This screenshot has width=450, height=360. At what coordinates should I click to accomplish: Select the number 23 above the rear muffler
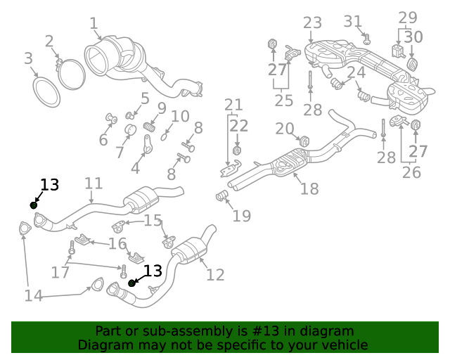[312, 23]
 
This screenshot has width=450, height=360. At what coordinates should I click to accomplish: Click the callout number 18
[309, 188]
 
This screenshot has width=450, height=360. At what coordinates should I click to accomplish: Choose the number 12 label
[215, 274]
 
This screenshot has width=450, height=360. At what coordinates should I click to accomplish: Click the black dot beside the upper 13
[33, 205]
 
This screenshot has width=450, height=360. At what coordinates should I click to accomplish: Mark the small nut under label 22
[237, 150]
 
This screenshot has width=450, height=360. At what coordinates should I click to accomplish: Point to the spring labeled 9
[149, 127]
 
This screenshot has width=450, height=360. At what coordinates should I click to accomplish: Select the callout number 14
[33, 296]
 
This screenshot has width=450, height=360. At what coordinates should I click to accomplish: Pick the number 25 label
[284, 101]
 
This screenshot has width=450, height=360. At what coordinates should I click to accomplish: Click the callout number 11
[94, 184]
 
